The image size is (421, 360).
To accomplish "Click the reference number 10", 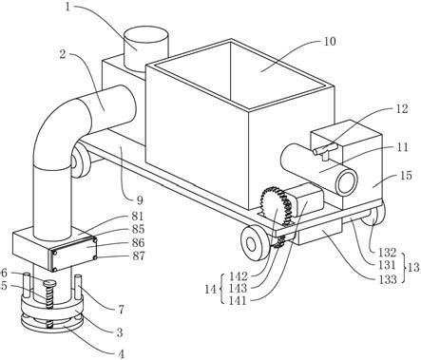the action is click(330, 42).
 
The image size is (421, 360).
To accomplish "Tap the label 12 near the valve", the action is click(401, 108).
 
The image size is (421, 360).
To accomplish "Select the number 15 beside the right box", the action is click(406, 175).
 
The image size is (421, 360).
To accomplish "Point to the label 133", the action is click(388, 279).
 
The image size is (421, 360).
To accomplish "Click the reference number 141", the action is click(238, 300).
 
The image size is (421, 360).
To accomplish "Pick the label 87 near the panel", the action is click(139, 256).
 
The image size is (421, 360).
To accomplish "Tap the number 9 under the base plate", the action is click(140, 199).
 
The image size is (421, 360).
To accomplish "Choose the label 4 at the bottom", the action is click(122, 353).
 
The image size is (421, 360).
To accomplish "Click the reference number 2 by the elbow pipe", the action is click(63, 54).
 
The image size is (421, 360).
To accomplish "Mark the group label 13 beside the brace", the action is click(413, 268).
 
